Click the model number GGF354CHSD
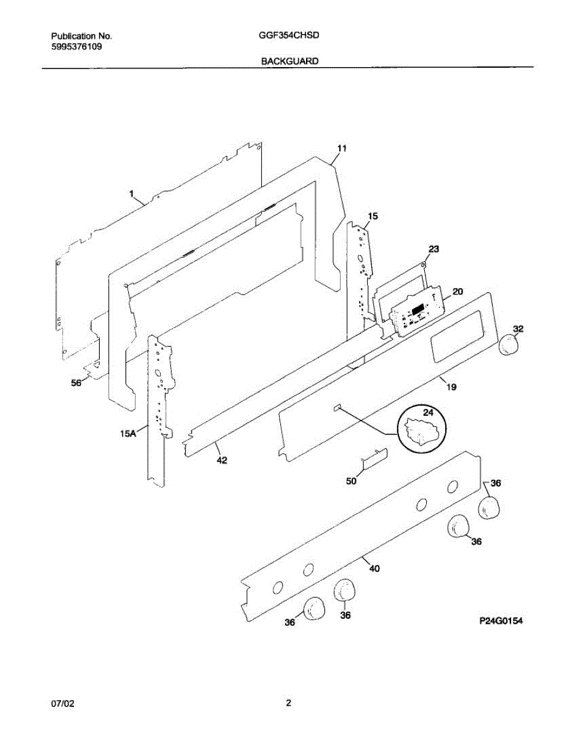[x=289, y=36]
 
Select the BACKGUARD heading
[x=289, y=61]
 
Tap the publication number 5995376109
[x=76, y=46]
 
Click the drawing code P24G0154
[x=501, y=622]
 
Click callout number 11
[x=342, y=148]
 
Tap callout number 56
[x=76, y=382]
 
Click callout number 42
[x=222, y=459]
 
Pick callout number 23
[x=434, y=249]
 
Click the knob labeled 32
[x=509, y=344]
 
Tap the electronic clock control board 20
[x=416, y=310]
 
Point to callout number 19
[x=451, y=387]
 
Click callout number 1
[x=131, y=193]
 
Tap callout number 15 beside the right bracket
[x=373, y=216]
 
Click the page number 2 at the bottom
[x=288, y=703]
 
